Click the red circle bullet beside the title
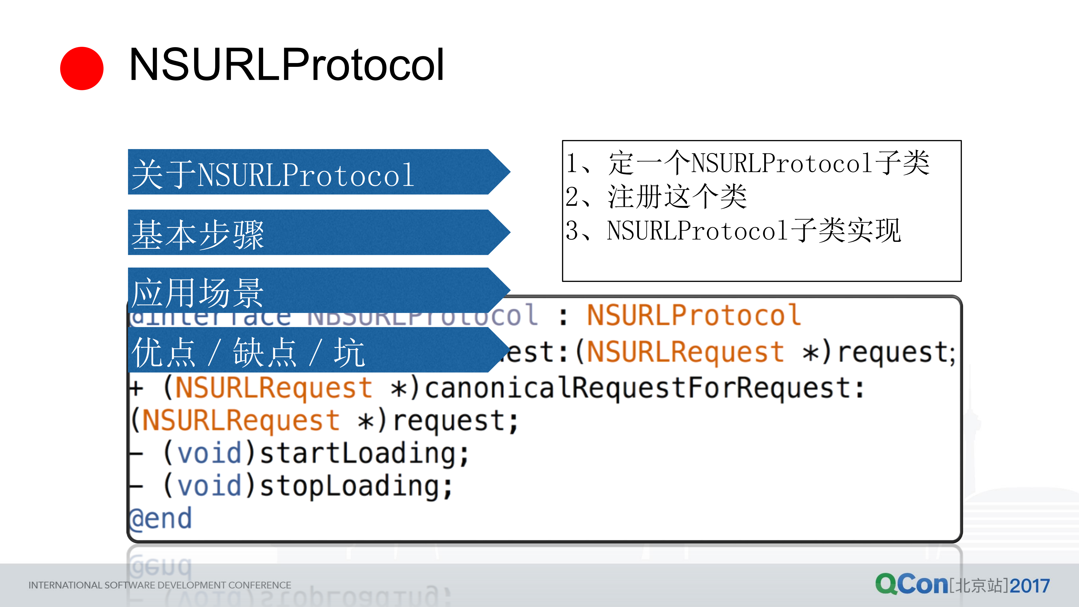click(82, 68)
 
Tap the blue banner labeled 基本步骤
click(310, 233)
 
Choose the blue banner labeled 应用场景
click(310, 290)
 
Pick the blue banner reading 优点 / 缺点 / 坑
click(310, 350)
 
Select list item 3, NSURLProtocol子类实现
click(733, 230)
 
